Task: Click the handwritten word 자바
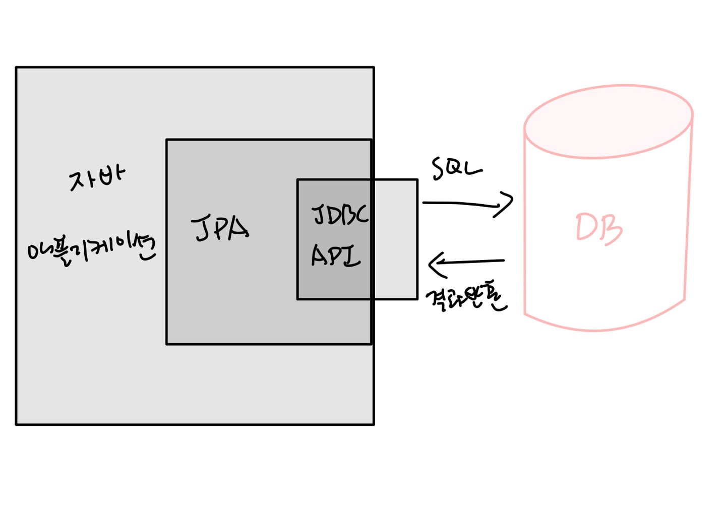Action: (x=97, y=178)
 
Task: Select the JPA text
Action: (x=220, y=228)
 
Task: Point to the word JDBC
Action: (x=340, y=215)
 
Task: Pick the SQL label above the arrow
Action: (x=456, y=169)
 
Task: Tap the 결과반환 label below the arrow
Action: (x=466, y=299)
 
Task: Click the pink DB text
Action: (x=599, y=229)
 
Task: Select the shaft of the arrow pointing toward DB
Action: (x=459, y=204)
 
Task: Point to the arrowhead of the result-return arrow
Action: (x=434, y=264)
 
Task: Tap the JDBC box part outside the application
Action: (x=395, y=239)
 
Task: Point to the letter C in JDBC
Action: (x=361, y=215)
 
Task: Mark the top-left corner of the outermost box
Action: (x=17, y=68)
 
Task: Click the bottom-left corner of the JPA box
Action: (x=167, y=344)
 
